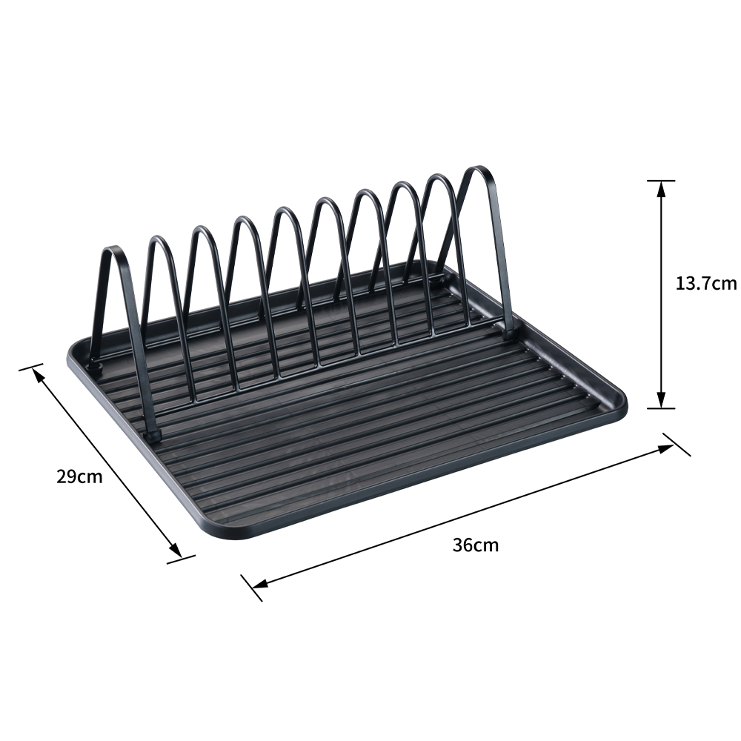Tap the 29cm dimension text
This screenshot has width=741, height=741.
(79, 476)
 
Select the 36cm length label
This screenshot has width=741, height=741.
(475, 545)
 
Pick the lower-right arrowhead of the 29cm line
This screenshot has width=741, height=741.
(176, 551)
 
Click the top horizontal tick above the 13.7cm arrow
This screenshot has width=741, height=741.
(661, 181)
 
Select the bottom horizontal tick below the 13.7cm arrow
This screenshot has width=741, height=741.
(661, 408)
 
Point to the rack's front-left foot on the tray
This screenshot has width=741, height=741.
(152, 436)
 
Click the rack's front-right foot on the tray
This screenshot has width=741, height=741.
(508, 334)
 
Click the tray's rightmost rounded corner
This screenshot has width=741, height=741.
(621, 404)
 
